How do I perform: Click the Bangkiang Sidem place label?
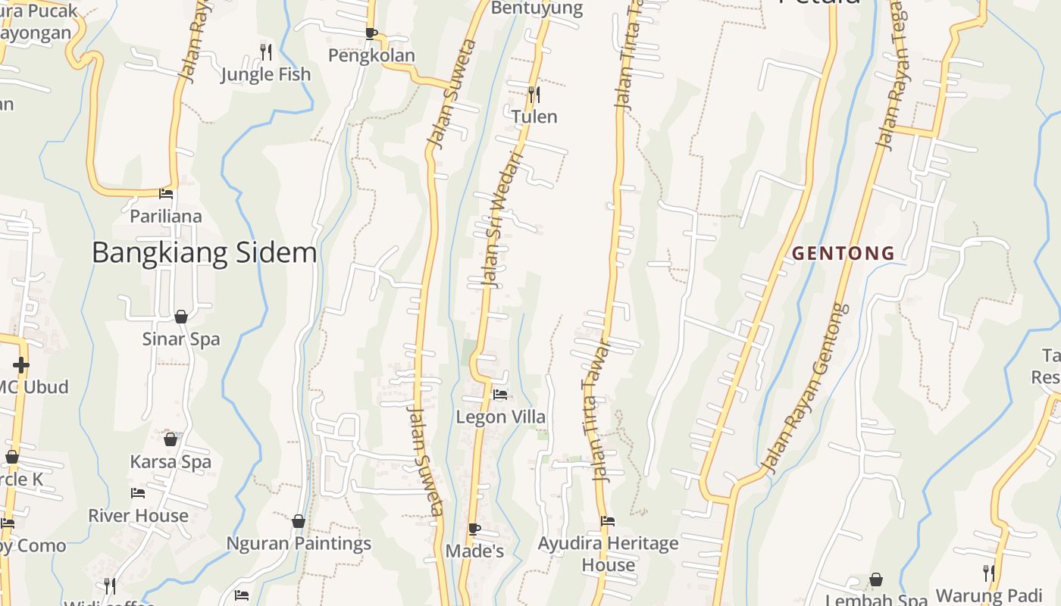pos(204,252)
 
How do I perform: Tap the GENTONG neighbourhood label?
pos(843,253)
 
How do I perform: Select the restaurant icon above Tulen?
pos(534,94)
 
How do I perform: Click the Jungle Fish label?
pos(265,74)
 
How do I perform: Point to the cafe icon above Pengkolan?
pos(371,33)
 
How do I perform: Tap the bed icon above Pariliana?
pos(166,194)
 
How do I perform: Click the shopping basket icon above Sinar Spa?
pos(181,317)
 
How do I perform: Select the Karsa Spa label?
pos(171,461)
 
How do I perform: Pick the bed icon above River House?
pos(138,493)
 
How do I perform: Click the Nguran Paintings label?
pos(299,543)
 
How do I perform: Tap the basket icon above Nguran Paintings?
pos(299,521)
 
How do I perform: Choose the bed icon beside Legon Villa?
pos(500,394)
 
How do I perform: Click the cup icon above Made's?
pos(474,529)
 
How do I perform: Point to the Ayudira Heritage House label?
pos(608,554)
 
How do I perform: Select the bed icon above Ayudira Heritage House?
pos(608,521)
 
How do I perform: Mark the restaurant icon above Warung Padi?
pos(988,573)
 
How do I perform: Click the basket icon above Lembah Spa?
pos(876,579)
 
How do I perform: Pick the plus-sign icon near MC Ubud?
pos(20,365)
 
